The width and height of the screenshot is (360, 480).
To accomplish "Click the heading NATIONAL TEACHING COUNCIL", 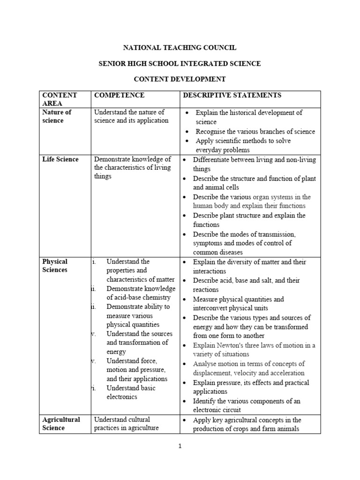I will (180, 47).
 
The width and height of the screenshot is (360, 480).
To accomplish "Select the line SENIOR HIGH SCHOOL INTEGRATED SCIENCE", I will (180, 63).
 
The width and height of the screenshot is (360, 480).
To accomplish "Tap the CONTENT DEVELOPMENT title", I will (180, 79).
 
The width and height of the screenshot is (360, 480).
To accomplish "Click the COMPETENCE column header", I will (119, 95).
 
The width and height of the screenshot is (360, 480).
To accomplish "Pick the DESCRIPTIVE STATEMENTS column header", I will (232, 95).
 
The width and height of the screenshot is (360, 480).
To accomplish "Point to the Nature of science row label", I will (57, 116).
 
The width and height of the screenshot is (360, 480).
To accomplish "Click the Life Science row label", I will (60, 159).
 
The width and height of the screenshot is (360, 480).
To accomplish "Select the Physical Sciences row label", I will (55, 266).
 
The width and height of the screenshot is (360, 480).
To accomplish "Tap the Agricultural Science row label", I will (61, 424).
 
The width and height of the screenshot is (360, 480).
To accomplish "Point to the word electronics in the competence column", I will (122, 397).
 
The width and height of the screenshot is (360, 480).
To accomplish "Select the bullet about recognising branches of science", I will (255, 132).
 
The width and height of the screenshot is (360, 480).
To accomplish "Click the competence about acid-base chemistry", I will (141, 293).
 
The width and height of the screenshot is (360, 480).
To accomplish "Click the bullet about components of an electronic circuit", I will (247, 405).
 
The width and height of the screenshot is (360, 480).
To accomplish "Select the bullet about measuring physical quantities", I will (238, 303).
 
